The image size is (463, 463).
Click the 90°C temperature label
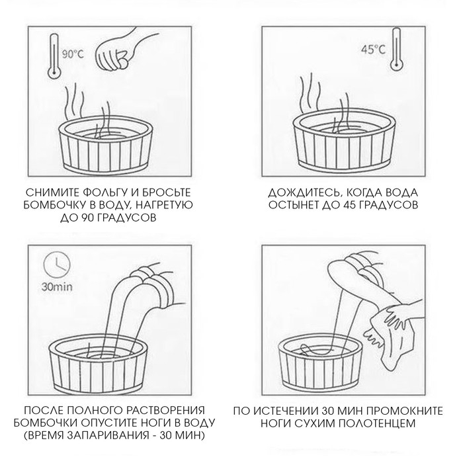[73, 54]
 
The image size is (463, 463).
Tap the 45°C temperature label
[373, 50]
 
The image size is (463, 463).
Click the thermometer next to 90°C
[55, 56]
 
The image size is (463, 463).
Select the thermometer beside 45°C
[396, 49]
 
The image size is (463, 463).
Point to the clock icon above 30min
[57, 265]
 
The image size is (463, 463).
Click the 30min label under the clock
[57, 286]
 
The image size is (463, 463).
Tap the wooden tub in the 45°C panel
[344, 146]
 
